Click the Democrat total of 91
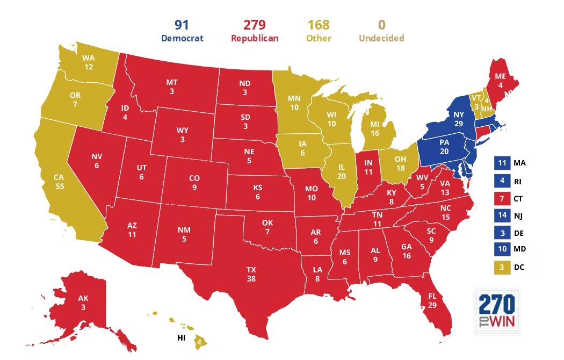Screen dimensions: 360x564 click(x=182, y=25)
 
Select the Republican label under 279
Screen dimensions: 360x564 click(x=254, y=38)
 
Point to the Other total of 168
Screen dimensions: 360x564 click(x=318, y=25)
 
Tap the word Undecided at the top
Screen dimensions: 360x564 click(x=381, y=38)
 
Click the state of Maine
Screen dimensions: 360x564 click(x=499, y=80)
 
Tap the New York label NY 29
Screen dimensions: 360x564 click(x=458, y=119)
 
